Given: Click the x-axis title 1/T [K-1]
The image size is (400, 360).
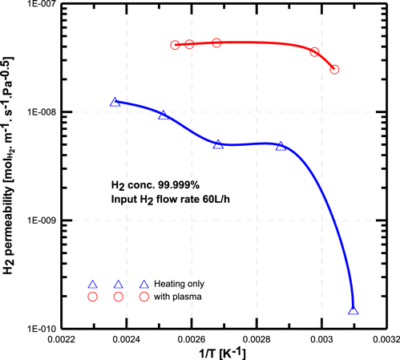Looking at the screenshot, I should [224, 353].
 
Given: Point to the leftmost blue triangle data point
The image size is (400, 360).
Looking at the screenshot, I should [115, 103].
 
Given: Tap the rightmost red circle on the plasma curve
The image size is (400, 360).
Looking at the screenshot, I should [334, 70].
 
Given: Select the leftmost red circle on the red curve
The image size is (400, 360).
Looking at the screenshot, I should [175, 45].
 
